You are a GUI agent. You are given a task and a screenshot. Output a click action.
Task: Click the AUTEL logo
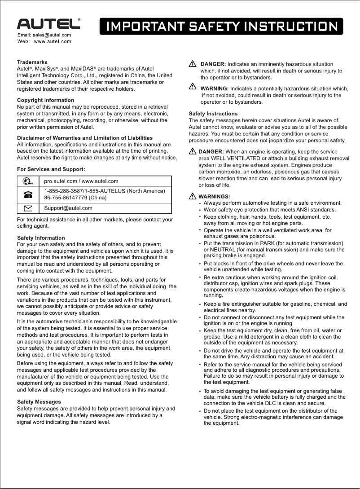tap(48, 24)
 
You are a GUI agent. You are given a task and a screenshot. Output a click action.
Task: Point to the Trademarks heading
tap(32, 62)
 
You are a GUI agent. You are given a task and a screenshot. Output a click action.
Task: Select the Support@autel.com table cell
tap(68, 208)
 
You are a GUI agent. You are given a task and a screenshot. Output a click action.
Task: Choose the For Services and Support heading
tap(51, 169)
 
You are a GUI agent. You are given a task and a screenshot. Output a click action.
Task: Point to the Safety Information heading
tap(41, 238)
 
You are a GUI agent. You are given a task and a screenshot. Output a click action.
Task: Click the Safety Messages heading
tap(39, 401)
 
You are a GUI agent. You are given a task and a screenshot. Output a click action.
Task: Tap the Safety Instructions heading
tap(213, 114)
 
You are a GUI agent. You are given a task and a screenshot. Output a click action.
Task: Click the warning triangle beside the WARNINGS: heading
tap(193, 196)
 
